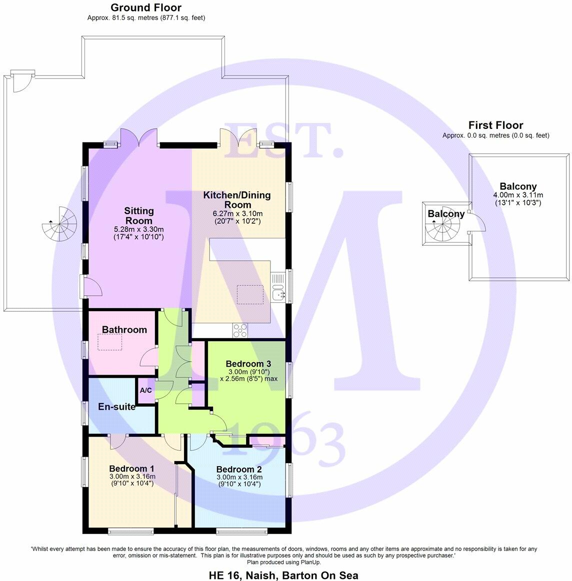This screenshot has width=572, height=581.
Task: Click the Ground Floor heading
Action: [146, 7]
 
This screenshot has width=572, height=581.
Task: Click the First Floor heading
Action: [495, 125]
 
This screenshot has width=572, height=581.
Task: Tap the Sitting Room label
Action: [138, 216]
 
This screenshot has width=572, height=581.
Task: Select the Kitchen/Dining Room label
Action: [236, 199]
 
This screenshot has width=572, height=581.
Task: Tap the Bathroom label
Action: [124, 330]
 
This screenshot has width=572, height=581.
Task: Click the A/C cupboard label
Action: [146, 391]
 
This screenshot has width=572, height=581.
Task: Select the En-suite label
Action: [116, 407]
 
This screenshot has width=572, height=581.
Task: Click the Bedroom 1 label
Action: [131, 469]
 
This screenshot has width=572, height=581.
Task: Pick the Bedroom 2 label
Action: [239, 470]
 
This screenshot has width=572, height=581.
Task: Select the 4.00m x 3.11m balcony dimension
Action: [518, 195]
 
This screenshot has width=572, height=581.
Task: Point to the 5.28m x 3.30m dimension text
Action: [138, 229]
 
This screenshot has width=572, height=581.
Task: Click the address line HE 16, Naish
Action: [283, 575]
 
